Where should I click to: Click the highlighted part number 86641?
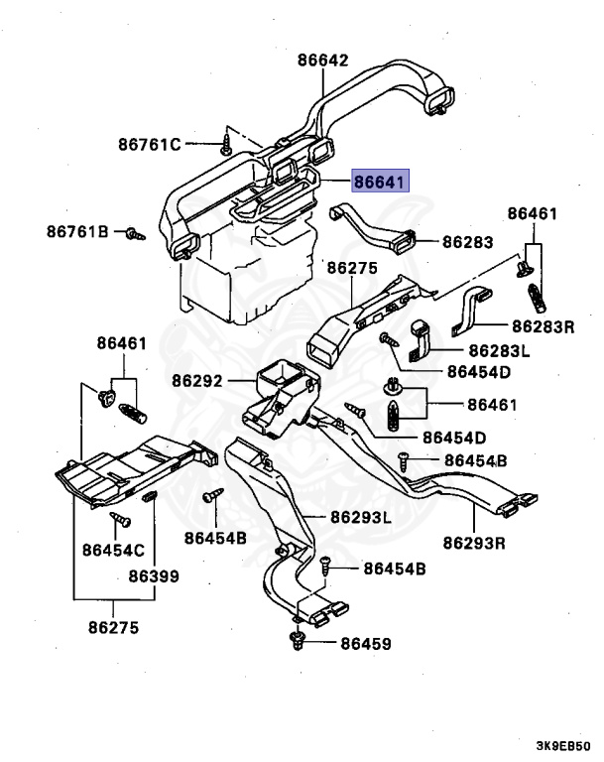(381, 181)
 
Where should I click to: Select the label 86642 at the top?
(322, 60)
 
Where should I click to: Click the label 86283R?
(543, 325)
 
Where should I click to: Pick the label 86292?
(196, 380)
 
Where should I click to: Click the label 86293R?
(474, 542)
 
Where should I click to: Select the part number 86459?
(366, 644)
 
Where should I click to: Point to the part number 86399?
(153, 574)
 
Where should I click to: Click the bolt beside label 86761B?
(134, 233)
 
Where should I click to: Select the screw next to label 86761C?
(227, 147)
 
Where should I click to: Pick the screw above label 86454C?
(122, 519)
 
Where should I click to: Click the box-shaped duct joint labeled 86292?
(283, 397)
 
